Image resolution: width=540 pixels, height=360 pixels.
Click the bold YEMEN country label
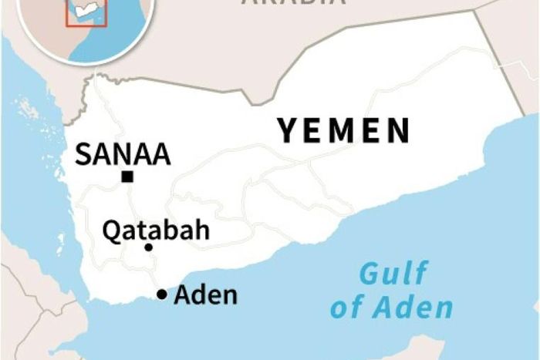(x=344, y=130)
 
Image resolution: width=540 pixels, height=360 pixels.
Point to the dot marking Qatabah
(x=148, y=247)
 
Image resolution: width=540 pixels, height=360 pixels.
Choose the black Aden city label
(x=206, y=294)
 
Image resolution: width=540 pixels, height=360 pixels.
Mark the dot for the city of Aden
(x=162, y=294)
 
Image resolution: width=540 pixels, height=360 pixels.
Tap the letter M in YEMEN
(x=345, y=130)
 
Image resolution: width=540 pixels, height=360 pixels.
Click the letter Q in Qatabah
(x=112, y=230)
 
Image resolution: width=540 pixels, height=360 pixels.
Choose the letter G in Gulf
(x=371, y=274)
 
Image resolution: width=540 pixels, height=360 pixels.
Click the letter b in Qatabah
(x=174, y=230)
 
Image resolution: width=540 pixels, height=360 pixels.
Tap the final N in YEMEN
(x=398, y=130)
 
